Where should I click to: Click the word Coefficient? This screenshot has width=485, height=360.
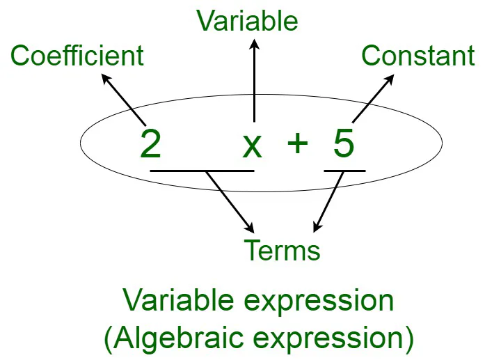tap(77, 56)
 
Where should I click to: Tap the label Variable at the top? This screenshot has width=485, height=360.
tap(247, 21)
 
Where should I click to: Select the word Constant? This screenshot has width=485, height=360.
tap(418, 56)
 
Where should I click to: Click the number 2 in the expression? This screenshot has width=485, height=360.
tap(150, 143)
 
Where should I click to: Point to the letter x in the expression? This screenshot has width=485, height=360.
tap(251, 145)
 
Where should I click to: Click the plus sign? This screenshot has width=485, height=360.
tap(297, 143)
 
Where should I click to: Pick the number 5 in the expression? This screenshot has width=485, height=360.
tap(343, 143)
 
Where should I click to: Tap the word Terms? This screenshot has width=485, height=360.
tap(282, 249)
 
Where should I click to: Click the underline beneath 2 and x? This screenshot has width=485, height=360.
tap(202, 170)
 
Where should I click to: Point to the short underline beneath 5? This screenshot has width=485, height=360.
tap(344, 170)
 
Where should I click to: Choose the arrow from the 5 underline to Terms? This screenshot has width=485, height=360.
tap(328, 202)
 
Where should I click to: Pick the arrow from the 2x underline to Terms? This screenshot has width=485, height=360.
tap(230, 202)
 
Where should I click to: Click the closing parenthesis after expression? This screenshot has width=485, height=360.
tap(408, 339)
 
